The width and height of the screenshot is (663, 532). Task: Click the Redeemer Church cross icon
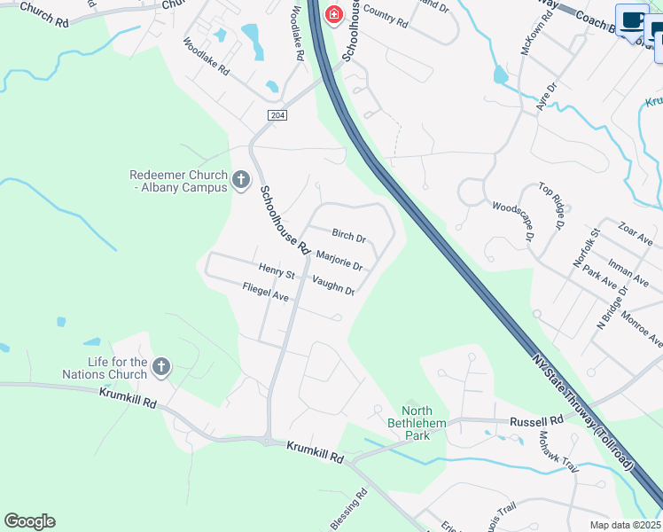click(240, 181)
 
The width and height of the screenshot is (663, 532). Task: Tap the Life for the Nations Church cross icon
click(160, 365)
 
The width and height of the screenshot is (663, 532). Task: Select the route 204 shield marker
click(277, 115)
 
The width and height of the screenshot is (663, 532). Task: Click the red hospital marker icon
click(333, 15)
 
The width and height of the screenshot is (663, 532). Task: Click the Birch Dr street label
click(348, 236)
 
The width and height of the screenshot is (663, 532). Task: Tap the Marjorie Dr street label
click(339, 261)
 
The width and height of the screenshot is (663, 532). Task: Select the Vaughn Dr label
click(333, 285)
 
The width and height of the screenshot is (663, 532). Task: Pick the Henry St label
click(276, 268)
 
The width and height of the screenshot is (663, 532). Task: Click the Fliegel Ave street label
click(266, 291)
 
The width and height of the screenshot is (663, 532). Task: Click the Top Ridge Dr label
click(550, 207)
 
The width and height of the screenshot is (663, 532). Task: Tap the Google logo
click(29, 521)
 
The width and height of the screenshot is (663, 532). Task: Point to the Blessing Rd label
click(349, 512)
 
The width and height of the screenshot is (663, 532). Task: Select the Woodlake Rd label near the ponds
click(207, 56)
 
